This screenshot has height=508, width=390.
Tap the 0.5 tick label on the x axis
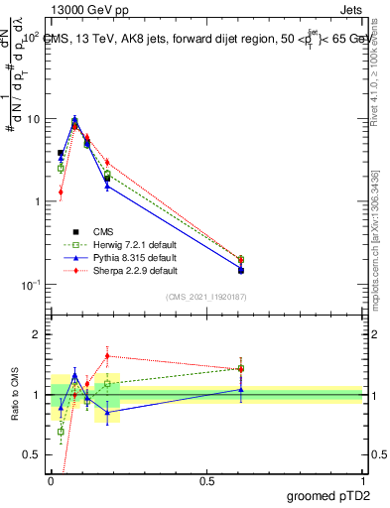pos(206,480)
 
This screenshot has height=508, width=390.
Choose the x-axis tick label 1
pos(362,480)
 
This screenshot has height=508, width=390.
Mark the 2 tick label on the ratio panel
pos(37,334)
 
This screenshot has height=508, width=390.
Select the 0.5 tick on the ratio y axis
pos(32,455)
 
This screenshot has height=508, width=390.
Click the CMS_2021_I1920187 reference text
pos(206,297)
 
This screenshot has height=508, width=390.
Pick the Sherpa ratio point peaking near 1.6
pos(107,355)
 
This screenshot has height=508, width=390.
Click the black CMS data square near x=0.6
pos(241,270)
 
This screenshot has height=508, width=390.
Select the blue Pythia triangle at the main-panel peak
pos(74,119)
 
